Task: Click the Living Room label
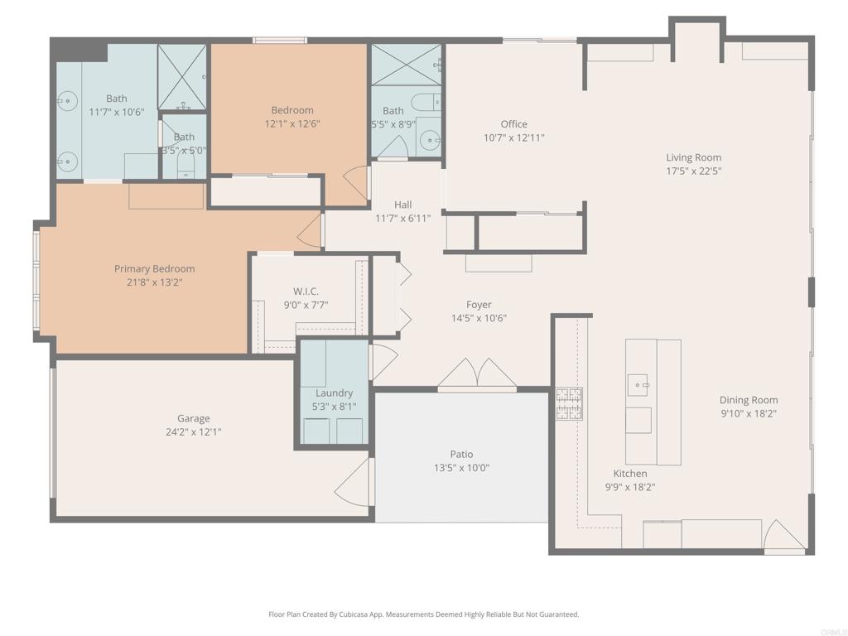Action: (x=693, y=157)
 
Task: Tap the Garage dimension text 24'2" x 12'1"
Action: (x=194, y=432)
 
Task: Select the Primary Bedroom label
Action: (x=154, y=269)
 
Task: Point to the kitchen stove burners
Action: (x=569, y=404)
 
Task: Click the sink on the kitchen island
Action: (x=638, y=384)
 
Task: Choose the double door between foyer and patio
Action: (x=477, y=373)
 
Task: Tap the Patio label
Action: (x=461, y=455)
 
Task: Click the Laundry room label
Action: (x=335, y=393)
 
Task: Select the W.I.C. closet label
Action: (x=306, y=291)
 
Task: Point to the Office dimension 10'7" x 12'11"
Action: (x=513, y=138)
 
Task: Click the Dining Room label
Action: (x=749, y=400)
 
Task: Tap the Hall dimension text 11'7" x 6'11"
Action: (x=403, y=219)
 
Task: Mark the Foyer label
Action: (x=479, y=305)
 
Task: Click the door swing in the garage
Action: (x=354, y=483)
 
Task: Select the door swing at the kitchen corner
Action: (x=783, y=536)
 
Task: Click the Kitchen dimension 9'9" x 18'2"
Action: (x=630, y=487)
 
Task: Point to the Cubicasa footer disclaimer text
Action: (x=423, y=614)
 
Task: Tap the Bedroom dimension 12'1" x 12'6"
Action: (x=292, y=124)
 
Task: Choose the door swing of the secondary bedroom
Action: (x=356, y=183)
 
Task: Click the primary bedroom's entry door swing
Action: (x=310, y=232)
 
